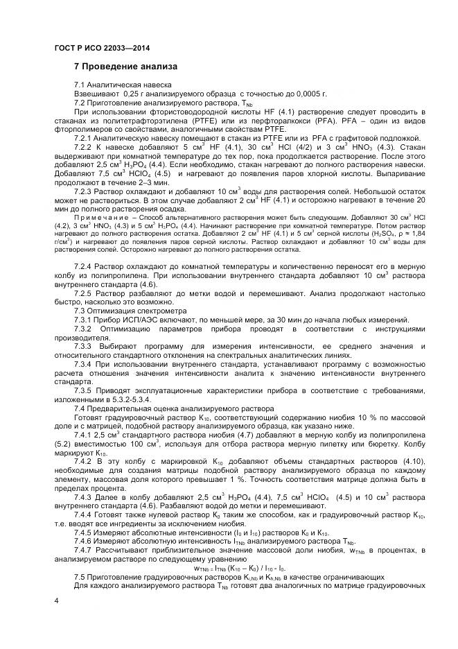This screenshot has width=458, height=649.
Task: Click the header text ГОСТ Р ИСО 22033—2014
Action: (x=101, y=49)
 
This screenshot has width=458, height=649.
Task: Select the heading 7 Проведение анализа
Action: (x=125, y=67)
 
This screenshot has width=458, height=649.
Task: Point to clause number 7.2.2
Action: (x=83, y=147)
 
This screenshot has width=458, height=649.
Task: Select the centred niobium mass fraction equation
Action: (x=239, y=568)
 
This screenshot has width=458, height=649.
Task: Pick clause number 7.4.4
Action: (x=83, y=514)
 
